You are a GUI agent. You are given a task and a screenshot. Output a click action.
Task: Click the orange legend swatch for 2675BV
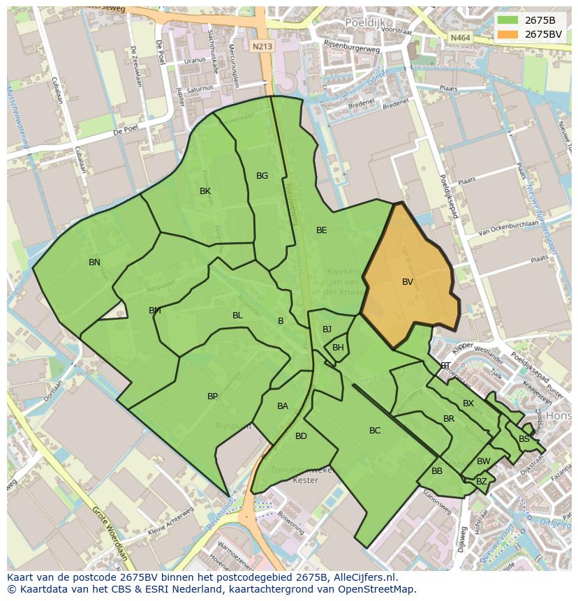(x=507, y=34)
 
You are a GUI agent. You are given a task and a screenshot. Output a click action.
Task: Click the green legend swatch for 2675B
(x=507, y=20)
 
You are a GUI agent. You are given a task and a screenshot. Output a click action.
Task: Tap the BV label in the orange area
(x=408, y=282)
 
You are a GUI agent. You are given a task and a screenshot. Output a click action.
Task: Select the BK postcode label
(x=205, y=191)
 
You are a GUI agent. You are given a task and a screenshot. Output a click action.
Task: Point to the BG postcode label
(x=262, y=176)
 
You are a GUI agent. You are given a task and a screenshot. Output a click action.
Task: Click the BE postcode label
(x=321, y=230)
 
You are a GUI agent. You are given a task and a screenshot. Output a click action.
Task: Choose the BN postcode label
(x=94, y=262)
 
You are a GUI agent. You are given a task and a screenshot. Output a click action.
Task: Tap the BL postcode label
(x=237, y=316)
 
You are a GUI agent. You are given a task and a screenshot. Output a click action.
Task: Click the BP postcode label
(x=212, y=396)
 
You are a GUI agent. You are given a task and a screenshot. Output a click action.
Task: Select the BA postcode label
(x=282, y=406)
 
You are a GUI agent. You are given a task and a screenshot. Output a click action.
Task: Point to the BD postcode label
(x=301, y=436)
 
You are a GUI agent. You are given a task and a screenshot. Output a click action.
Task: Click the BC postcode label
(x=375, y=431)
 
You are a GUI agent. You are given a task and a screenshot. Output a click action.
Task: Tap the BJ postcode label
(x=327, y=329)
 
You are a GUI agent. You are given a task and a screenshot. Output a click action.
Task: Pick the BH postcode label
(x=338, y=348)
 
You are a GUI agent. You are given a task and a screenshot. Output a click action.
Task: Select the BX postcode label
(x=468, y=403)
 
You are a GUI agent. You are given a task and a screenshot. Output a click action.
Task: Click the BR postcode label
(x=449, y=419)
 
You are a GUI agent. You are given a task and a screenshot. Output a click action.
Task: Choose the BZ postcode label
(x=482, y=482)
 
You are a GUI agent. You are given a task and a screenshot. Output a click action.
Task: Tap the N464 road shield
(x=459, y=37)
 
